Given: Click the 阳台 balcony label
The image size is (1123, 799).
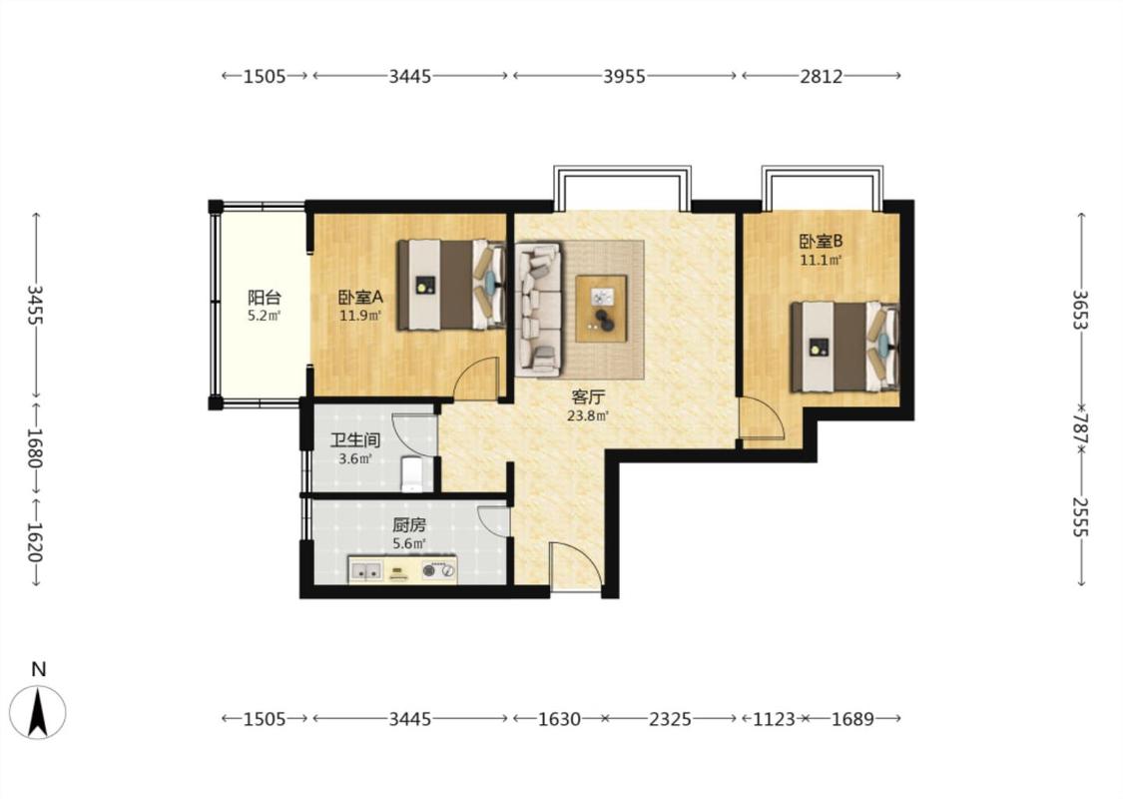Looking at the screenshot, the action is click(x=265, y=298).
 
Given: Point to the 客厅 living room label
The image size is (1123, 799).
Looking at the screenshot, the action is click(x=588, y=397).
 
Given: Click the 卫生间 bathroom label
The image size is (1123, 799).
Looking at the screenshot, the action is click(x=355, y=440).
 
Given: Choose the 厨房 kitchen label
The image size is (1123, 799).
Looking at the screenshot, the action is click(x=409, y=525).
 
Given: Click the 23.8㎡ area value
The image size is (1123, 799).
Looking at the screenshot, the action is click(x=588, y=415).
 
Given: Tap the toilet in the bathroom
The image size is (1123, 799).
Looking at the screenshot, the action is click(x=412, y=473).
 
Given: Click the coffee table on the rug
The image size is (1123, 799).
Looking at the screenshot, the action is click(x=602, y=309).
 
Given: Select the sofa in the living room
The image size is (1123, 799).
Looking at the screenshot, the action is click(x=539, y=310).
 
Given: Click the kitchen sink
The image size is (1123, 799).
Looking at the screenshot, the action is click(x=366, y=571).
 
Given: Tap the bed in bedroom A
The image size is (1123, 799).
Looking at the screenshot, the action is click(x=452, y=285).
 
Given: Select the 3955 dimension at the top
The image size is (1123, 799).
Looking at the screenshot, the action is click(x=625, y=76).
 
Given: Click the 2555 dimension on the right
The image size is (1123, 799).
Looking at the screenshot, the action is click(x=1080, y=516).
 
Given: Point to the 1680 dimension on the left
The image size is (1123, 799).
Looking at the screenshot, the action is click(x=34, y=447).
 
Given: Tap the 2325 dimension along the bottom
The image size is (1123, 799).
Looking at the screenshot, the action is click(x=671, y=719).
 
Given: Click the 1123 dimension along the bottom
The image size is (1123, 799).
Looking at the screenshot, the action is click(x=774, y=719).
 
